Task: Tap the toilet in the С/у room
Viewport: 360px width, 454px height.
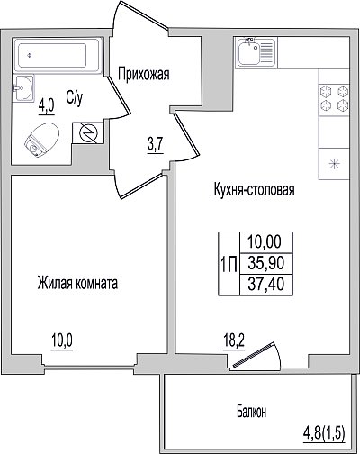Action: pyautogui.click(x=41, y=140)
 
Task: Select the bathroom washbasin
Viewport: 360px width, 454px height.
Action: pyautogui.click(x=23, y=87)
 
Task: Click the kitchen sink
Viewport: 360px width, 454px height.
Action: pyautogui.click(x=256, y=52)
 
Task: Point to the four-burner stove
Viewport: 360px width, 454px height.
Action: pyautogui.click(x=334, y=98)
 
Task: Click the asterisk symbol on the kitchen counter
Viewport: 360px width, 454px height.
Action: pyautogui.click(x=334, y=164)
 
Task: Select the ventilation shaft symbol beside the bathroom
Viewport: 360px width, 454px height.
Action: pyautogui.click(x=87, y=133)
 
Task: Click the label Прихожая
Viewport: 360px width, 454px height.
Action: pyautogui.click(x=144, y=74)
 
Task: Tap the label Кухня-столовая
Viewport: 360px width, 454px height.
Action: pyautogui.click(x=254, y=190)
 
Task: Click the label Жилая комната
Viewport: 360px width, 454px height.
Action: pyautogui.click(x=77, y=283)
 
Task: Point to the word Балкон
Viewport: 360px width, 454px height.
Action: pyautogui.click(x=251, y=412)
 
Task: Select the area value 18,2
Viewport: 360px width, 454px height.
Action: pyautogui.click(x=234, y=341)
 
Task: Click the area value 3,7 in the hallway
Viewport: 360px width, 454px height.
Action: pyautogui.click(x=156, y=146)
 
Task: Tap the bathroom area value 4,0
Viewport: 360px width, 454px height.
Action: pyautogui.click(x=46, y=105)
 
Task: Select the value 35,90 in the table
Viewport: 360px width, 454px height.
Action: pyautogui.click(x=266, y=263)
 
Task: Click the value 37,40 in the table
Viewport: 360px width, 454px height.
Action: pyautogui.click(x=266, y=284)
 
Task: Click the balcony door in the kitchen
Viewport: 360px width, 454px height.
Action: pyautogui.click(x=256, y=355)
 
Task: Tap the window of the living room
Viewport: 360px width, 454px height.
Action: pyautogui.click(x=89, y=365)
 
